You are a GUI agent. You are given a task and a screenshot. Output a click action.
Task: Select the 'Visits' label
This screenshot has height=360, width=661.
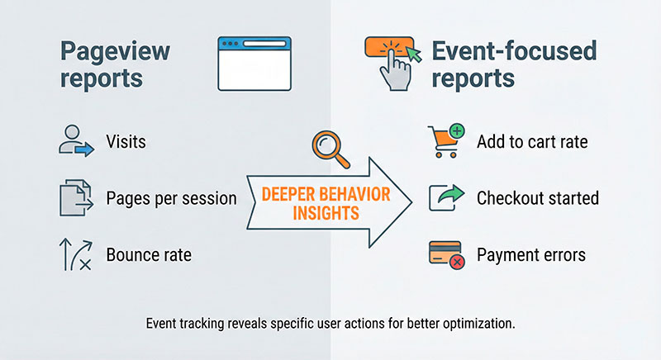tap(126, 142)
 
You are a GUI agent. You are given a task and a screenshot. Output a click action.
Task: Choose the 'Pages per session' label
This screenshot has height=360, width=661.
tap(171, 199)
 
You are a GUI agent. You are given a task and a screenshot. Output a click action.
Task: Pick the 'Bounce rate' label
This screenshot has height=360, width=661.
tap(149, 255)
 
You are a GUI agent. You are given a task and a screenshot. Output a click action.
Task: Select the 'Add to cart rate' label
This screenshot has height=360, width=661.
tap(532, 142)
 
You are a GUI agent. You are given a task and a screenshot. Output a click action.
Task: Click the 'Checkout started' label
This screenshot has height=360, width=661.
tap(537, 199)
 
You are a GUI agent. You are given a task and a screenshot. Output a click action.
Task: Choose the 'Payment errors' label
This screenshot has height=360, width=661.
tap(530, 255)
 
